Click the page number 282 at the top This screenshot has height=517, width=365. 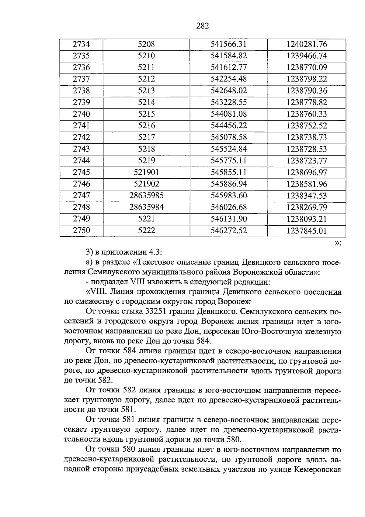203,26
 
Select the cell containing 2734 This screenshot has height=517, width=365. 81,44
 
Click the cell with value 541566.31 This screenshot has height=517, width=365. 228,44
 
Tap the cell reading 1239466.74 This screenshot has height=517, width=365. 306,56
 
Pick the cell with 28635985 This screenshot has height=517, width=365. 146,196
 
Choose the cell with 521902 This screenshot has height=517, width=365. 146,184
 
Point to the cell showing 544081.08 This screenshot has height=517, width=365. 228,114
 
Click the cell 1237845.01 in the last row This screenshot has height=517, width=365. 306,231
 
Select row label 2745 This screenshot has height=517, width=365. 81,173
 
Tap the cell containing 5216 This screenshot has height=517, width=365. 146,126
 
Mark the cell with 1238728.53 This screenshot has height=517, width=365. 306,149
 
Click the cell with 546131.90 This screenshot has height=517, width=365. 228,219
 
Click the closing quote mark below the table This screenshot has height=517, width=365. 338,243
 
